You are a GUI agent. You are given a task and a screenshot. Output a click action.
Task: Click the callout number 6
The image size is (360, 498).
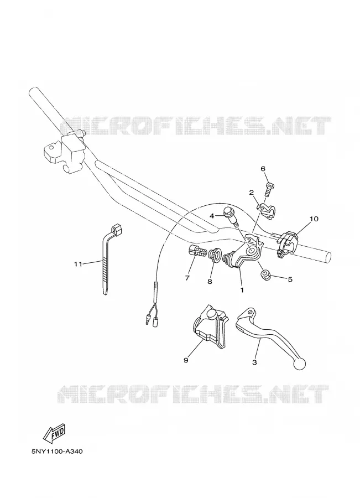(263, 169)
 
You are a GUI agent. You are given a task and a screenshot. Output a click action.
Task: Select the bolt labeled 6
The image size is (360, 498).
(269, 189)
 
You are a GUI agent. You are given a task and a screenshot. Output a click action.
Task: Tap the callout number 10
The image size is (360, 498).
(314, 219)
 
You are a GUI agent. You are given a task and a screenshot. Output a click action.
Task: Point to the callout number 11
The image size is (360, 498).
(78, 263)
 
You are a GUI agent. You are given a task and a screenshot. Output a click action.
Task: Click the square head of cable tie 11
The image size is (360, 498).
(117, 229)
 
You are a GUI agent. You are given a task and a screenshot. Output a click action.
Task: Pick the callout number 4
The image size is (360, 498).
(212, 216)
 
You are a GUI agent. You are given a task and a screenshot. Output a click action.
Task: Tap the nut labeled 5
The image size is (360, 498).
(265, 275)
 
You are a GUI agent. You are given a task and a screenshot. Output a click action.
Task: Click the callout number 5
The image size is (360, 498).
(290, 279)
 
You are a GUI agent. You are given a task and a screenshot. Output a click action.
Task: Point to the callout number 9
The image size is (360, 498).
(186, 360)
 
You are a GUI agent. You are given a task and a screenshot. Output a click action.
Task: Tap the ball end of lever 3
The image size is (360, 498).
(300, 364)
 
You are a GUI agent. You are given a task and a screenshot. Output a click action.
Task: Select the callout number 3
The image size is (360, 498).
(254, 362)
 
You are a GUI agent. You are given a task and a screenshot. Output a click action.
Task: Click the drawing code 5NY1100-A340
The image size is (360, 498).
(57, 452)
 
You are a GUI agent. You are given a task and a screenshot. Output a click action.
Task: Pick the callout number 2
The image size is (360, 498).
(251, 193)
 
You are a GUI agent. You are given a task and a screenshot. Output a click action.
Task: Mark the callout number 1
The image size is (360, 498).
(242, 290)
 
